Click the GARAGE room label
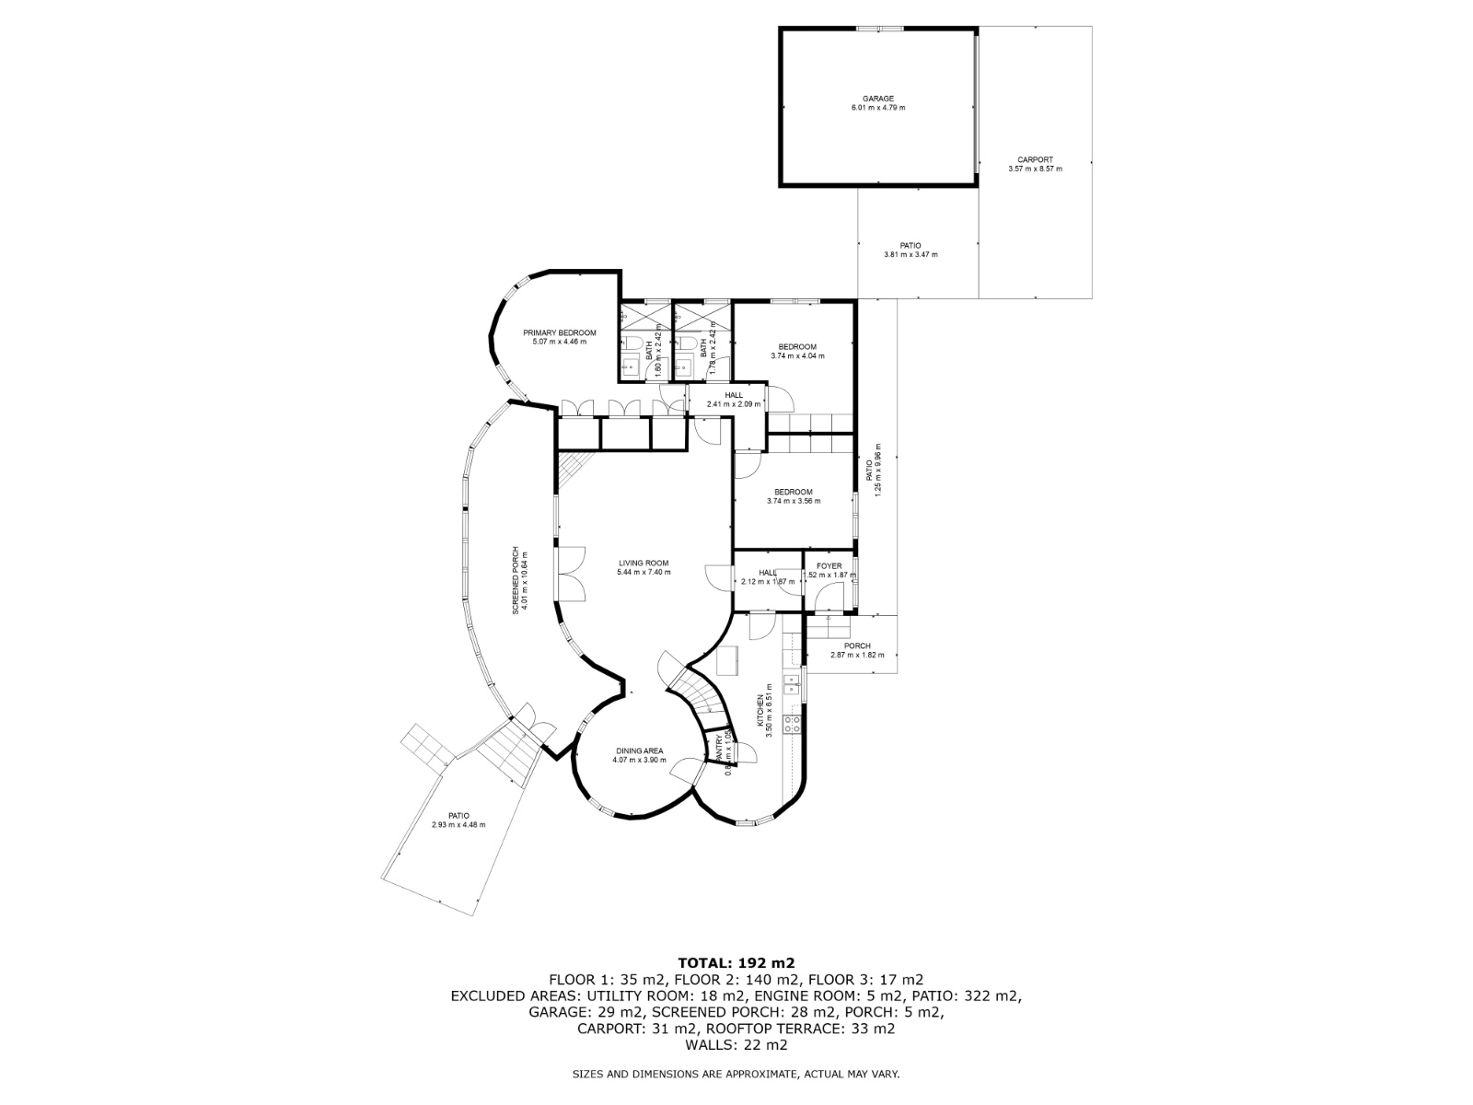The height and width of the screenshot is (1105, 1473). tap(877, 99)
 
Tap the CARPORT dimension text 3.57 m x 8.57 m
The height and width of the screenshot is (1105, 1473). tap(1035, 169)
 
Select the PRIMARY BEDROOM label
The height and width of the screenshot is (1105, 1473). tap(559, 332)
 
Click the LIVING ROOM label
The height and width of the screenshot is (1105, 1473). tap(644, 563)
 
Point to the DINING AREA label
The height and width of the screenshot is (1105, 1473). tap(639, 750)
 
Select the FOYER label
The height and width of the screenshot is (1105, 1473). tap(829, 566)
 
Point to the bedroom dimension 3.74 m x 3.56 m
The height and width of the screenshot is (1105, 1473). tap(793, 502)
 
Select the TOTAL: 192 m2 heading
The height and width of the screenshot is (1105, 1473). tap(736, 963)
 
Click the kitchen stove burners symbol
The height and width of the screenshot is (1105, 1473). tap(790, 725)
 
